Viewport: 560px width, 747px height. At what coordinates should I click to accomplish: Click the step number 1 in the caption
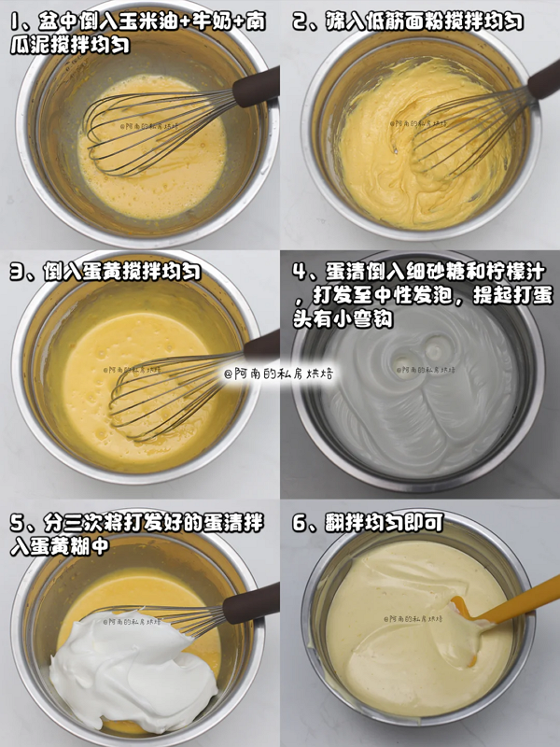pyautogui.click(x=17, y=22)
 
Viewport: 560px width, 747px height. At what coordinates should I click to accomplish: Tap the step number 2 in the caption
pyautogui.click(x=300, y=21)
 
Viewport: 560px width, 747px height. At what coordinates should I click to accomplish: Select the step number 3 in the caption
pyautogui.click(x=17, y=272)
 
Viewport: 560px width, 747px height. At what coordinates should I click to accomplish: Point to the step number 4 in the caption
pyautogui.click(x=300, y=272)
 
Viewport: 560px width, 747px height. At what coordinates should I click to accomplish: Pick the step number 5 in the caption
pyautogui.click(x=17, y=523)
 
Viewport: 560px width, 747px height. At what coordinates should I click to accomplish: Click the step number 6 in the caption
pyautogui.click(x=300, y=523)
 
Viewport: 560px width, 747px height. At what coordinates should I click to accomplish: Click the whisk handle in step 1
pyautogui.click(x=256, y=87)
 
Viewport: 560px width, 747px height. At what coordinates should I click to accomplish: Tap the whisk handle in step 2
pyautogui.click(x=544, y=79)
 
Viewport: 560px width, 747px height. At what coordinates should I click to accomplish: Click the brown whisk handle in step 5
pyautogui.click(x=251, y=602)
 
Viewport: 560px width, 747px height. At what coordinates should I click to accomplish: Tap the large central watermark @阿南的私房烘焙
pyautogui.click(x=279, y=373)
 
